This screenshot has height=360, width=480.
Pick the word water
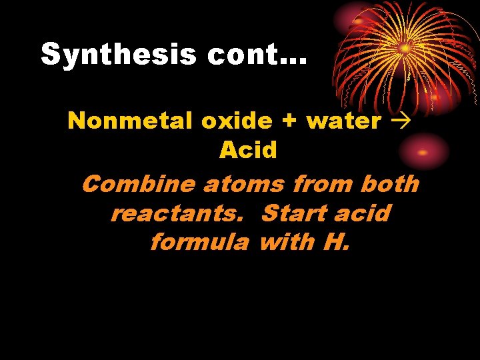coord(344,121)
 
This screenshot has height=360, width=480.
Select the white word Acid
coord(248,150)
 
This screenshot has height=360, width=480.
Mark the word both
coord(389,183)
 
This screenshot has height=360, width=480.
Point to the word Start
coord(292,213)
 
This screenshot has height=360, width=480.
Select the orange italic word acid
coord(361,213)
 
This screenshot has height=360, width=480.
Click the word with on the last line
coord(286,241)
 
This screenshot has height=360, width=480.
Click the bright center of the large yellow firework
coord(405,48)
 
